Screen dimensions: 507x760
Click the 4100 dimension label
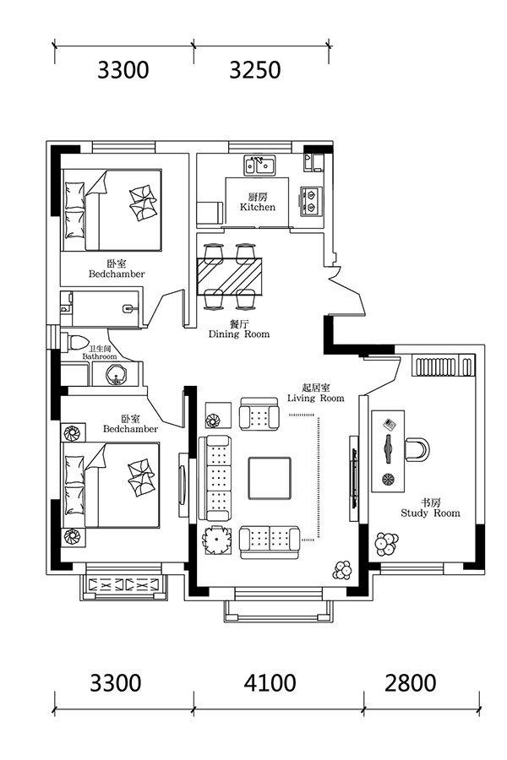click(x=270, y=683)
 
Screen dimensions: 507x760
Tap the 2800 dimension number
click(x=411, y=683)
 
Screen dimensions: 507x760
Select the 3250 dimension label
click(x=254, y=70)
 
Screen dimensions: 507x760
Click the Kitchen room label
click(x=258, y=207)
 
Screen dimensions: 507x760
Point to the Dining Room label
click(x=238, y=334)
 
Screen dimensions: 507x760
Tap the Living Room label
click(x=315, y=399)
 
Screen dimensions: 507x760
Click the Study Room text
click(x=430, y=513)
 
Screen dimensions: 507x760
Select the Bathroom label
click(x=100, y=356)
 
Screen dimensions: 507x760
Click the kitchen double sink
click(x=259, y=166)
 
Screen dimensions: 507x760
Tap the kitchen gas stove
click(x=309, y=201)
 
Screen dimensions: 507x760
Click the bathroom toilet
click(x=74, y=342)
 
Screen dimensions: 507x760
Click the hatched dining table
click(x=230, y=276)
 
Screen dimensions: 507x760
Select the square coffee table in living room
click(x=270, y=478)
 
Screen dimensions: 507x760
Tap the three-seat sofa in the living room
click(x=214, y=478)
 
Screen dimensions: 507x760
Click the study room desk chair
click(x=417, y=450)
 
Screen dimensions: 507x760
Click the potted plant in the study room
click(x=387, y=545)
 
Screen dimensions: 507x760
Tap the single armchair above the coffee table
click(x=259, y=414)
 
